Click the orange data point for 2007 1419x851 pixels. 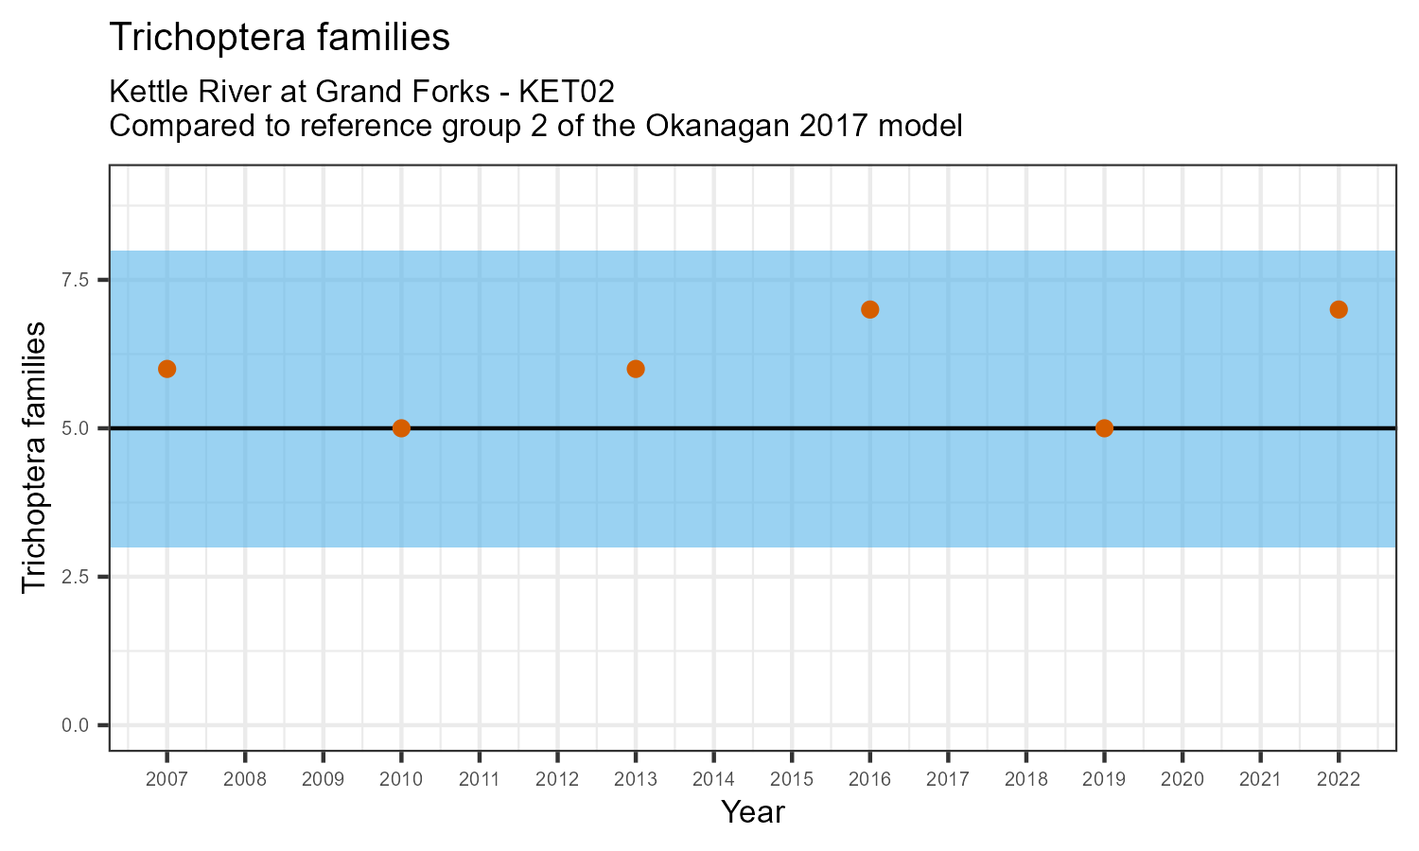click(167, 369)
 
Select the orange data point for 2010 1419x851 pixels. click(401, 428)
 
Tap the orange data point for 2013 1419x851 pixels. click(636, 369)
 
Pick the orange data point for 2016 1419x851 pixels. click(870, 309)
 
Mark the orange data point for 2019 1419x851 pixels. click(1104, 428)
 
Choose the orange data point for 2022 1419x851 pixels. click(1339, 309)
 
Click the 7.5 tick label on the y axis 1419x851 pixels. click(76, 280)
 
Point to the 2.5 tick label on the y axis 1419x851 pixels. click(76, 577)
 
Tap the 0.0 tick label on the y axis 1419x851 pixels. click(76, 725)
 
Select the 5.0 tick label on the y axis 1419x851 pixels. click(76, 428)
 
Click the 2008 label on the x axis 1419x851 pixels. click(245, 780)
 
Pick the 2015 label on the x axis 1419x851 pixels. click(792, 780)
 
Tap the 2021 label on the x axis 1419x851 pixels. click(1260, 780)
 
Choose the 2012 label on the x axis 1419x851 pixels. click(557, 780)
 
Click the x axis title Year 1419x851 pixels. click(753, 811)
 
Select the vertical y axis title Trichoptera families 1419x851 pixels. click(34, 457)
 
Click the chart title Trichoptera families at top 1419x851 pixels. click(280, 37)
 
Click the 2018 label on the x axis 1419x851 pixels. click(1026, 780)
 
